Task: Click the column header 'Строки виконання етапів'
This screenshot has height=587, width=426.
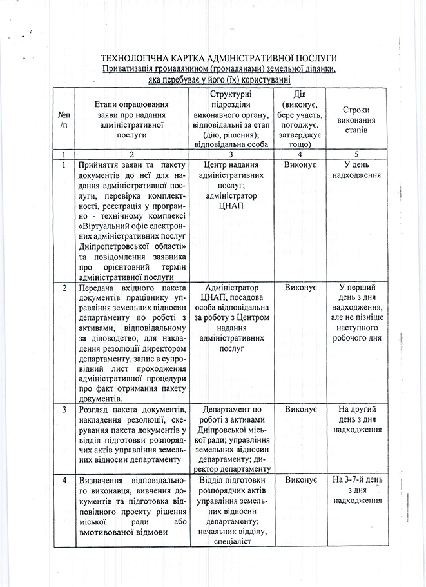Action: pyautogui.click(x=356, y=119)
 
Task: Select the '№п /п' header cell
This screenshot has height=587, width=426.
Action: pyautogui.click(x=63, y=119)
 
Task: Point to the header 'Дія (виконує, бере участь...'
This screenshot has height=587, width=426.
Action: pyautogui.click(x=300, y=119)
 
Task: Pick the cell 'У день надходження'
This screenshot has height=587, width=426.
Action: pyautogui.click(x=356, y=170)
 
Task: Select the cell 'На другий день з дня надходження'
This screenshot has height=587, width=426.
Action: pyautogui.click(x=356, y=419)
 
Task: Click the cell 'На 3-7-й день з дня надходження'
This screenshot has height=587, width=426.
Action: pyautogui.click(x=356, y=490)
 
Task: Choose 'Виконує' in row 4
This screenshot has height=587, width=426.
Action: pyautogui.click(x=300, y=481)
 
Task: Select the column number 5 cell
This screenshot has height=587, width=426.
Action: pyautogui.click(x=356, y=155)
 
